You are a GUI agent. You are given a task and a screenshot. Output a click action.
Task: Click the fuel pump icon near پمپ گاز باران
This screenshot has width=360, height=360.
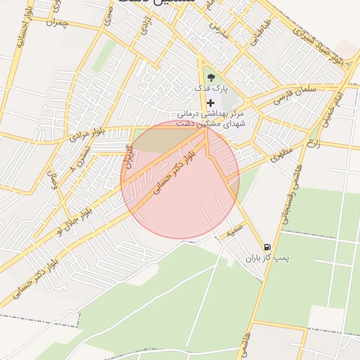pyautogui.click(x=267, y=247)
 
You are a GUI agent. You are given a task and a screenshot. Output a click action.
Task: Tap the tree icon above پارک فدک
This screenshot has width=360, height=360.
pyautogui.click(x=210, y=77)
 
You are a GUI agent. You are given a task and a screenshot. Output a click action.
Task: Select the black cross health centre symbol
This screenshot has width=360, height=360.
pyautogui.click(x=210, y=103)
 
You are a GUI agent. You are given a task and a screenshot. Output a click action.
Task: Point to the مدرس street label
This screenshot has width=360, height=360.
pyautogui.click(x=219, y=32)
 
